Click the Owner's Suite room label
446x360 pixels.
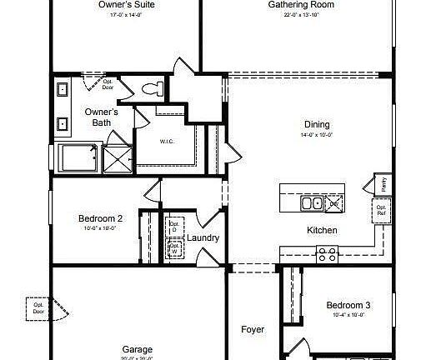coord(126,4)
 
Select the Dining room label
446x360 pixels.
coord(316,124)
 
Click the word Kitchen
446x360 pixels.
coord(322,230)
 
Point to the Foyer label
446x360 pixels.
coord(253,330)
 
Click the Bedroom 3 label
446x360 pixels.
coord(348,305)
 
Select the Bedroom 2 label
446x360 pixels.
coord(101,218)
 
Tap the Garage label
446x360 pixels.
coord(138,349)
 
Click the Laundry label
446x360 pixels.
coord(203,238)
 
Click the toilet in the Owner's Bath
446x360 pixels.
coord(153,88)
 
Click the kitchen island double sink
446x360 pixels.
coord(312,202)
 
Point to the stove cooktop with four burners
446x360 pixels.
coord(327,254)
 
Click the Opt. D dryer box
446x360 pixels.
coord(175,227)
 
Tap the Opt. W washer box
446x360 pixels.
coord(175,248)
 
